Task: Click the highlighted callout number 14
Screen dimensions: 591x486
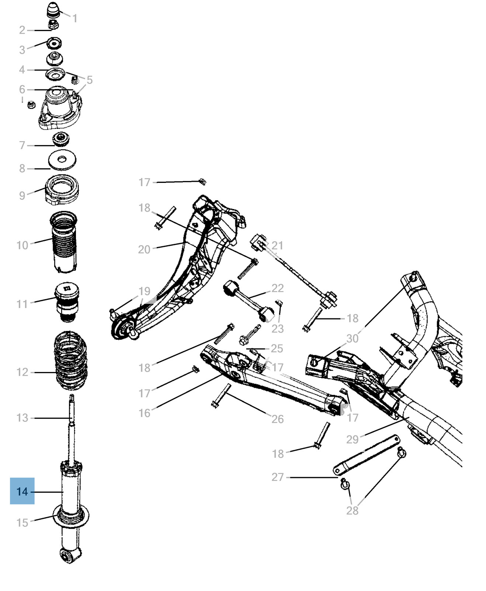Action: pos(22,491)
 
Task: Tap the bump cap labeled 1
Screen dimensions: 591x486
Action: pos(53,10)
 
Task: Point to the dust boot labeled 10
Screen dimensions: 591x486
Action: pos(64,242)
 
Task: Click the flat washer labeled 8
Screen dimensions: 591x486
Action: pos(62,160)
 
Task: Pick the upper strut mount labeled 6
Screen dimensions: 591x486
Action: pos(59,107)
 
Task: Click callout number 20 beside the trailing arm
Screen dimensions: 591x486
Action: pos(144,249)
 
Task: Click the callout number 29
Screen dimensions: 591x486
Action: pos(352,439)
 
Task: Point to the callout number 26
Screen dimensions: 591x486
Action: pos(277,419)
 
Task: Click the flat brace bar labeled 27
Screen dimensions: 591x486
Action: pos(366,454)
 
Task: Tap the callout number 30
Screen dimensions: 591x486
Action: pos(352,338)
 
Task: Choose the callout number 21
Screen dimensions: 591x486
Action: pos(277,245)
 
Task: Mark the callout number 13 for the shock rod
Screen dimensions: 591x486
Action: pos(22,418)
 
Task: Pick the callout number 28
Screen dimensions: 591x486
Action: pos(352,510)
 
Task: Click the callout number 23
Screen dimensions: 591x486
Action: pos(277,328)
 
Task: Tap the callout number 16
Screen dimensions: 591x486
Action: pos(144,413)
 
